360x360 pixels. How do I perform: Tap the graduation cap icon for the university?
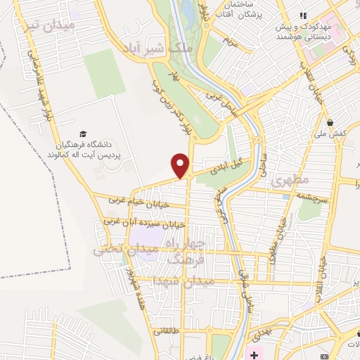[x=83, y=134]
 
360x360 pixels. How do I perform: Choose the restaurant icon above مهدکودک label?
[x=303, y=15]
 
